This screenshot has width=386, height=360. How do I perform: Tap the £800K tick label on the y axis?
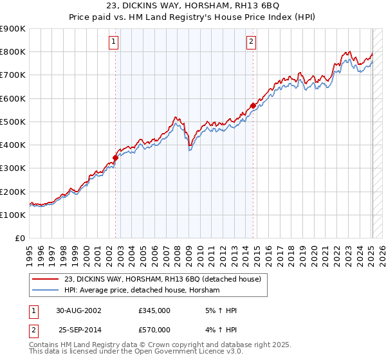13,51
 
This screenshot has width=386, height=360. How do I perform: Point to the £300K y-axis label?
13,168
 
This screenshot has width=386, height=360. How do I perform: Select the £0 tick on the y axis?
21,238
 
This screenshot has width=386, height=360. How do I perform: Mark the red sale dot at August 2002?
116,157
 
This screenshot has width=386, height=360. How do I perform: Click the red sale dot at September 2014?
253,105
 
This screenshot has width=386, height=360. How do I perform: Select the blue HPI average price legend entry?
142,291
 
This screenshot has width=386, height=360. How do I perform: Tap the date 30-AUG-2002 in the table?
78,310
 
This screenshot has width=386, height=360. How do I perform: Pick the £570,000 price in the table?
154,330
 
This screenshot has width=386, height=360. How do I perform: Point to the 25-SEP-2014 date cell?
78,330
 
